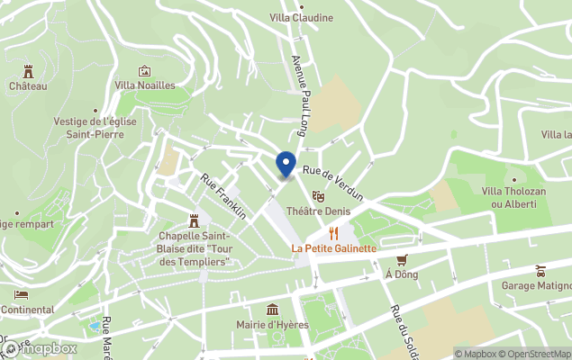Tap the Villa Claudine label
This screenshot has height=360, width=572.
click(302, 18)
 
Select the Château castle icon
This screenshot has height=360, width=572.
click(28, 70)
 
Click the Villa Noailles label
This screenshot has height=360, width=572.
click(144, 85)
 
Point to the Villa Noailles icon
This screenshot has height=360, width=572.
click(144, 71)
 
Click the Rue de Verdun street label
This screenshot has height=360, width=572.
click(332, 183)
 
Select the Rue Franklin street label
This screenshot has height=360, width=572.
click(223, 196)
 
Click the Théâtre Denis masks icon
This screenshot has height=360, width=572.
click(317, 195)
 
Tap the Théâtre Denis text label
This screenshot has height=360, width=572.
click(318, 211)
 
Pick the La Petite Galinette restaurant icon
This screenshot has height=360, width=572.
click(333, 233)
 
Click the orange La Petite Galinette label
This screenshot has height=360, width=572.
click(333, 248)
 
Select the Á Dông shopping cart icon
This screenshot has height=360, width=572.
click(401, 259)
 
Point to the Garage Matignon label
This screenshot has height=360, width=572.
click(536, 286)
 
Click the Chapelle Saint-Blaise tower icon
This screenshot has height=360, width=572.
click(194, 220)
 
